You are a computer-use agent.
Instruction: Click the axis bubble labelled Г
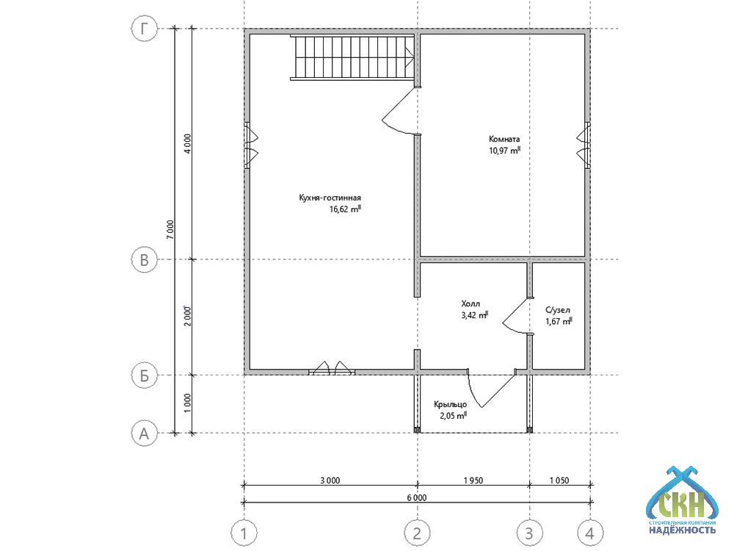pyautogui.click(x=144, y=29)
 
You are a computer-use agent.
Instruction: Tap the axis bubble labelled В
pyautogui.click(x=144, y=259)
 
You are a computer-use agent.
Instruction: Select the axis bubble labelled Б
pyautogui.click(x=144, y=375)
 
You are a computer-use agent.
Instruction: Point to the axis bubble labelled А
pyautogui.click(x=144, y=433)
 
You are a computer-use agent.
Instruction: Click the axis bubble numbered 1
pyautogui.click(x=244, y=533)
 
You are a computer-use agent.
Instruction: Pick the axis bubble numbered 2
pyautogui.click(x=417, y=533)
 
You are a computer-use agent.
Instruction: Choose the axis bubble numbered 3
pyautogui.click(x=529, y=533)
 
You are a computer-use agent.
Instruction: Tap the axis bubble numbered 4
pyautogui.click(x=590, y=533)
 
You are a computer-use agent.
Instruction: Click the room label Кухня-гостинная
pyautogui.click(x=330, y=198)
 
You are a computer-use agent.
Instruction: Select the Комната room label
pyautogui.click(x=504, y=139)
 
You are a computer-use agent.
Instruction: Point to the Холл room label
pyautogui.click(x=470, y=303)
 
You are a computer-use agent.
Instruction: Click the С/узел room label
pyautogui.click(x=558, y=310)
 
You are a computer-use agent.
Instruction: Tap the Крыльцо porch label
pyautogui.click(x=451, y=404)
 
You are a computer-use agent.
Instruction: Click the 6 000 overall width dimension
pyautogui.click(x=417, y=497)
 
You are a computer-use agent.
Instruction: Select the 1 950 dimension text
pyautogui.click(x=473, y=480)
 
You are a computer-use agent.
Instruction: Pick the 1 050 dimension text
pyautogui.click(x=559, y=480)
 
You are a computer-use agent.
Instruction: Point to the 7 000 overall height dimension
pyautogui.click(x=170, y=229)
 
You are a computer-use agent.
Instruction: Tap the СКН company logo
pyautogui.click(x=682, y=500)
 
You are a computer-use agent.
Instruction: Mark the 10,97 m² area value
pyautogui.click(x=505, y=151)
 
